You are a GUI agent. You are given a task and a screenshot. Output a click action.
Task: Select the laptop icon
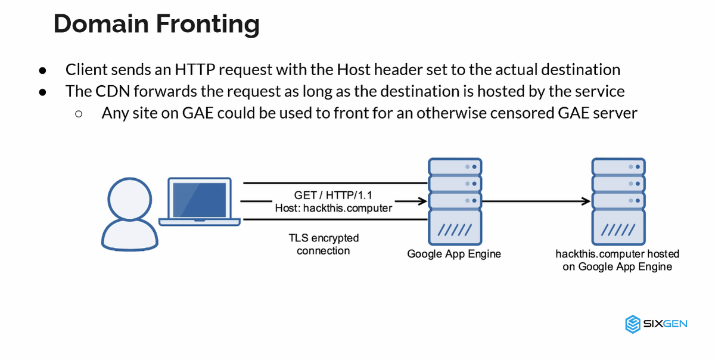pyautogui.click(x=199, y=202)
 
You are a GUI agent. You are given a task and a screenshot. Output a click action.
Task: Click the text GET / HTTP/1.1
pyautogui.click(x=333, y=195)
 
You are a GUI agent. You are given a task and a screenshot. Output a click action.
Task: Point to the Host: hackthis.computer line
pyautogui.click(x=333, y=208)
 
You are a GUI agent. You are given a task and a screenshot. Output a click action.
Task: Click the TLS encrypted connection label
pyautogui.click(x=324, y=244)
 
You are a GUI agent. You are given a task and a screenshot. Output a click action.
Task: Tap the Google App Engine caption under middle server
pyautogui.click(x=454, y=255)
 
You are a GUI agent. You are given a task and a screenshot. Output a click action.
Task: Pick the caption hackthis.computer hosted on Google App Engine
pyautogui.click(x=617, y=260)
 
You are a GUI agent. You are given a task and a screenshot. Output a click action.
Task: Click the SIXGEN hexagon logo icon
pyautogui.click(x=632, y=324)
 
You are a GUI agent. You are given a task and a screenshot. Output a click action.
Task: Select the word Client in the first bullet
pyautogui.click(x=84, y=70)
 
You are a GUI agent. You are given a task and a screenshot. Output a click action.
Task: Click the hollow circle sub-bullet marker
pyautogui.click(x=78, y=113)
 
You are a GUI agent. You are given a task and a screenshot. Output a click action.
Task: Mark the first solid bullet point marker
pyautogui.click(x=42, y=70)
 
